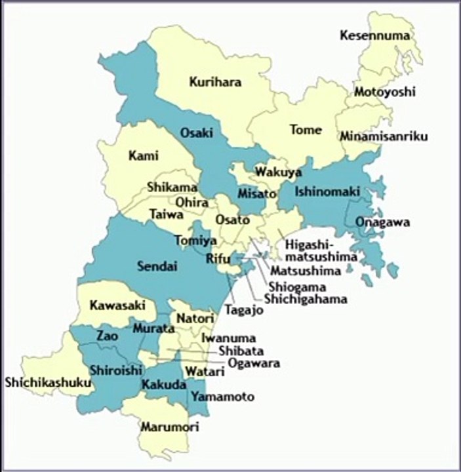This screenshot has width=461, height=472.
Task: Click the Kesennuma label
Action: coord(375,35)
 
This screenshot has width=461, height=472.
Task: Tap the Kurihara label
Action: coord(215,82)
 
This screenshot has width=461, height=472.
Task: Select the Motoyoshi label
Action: coord(385,92)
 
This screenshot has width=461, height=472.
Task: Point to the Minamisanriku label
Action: coord(384,136)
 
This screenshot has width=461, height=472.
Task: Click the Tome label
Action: coord(306,130)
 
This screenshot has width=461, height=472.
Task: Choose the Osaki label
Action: coord(197,133)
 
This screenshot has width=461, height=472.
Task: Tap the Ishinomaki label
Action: coord(327,192)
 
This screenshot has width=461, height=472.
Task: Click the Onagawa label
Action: coord(383,222)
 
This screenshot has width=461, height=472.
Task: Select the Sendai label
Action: coord(157,266)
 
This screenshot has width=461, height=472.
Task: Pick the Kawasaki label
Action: coord(113,305)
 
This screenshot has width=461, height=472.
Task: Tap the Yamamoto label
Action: coord(222,397)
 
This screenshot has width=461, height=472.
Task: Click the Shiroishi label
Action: coord(115,370)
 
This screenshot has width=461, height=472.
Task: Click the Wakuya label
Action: coord(279,172)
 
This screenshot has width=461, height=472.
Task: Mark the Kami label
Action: coord(144,156)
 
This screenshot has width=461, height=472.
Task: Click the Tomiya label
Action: coord(191,241)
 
